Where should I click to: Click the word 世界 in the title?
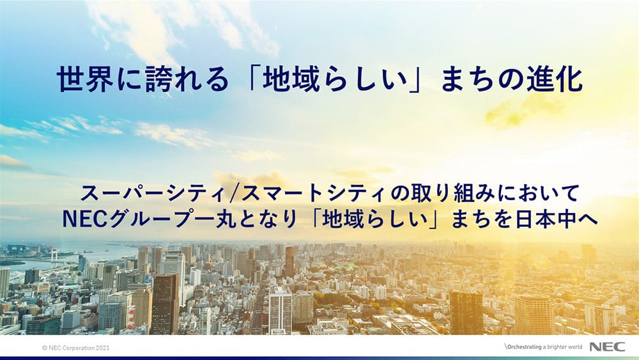pyautogui.click(x=85, y=79)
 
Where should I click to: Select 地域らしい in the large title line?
pyautogui.click(x=335, y=79)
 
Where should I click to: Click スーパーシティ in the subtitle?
pyautogui.click(x=153, y=193)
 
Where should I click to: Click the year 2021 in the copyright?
pyautogui.click(x=103, y=348)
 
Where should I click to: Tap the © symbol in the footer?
pyautogui.click(x=45, y=348)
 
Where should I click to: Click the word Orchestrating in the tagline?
pyautogui.click(x=525, y=347)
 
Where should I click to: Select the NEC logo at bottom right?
pyautogui.click(x=607, y=347)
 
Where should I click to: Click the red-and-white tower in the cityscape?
pyautogui.click(x=131, y=316)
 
